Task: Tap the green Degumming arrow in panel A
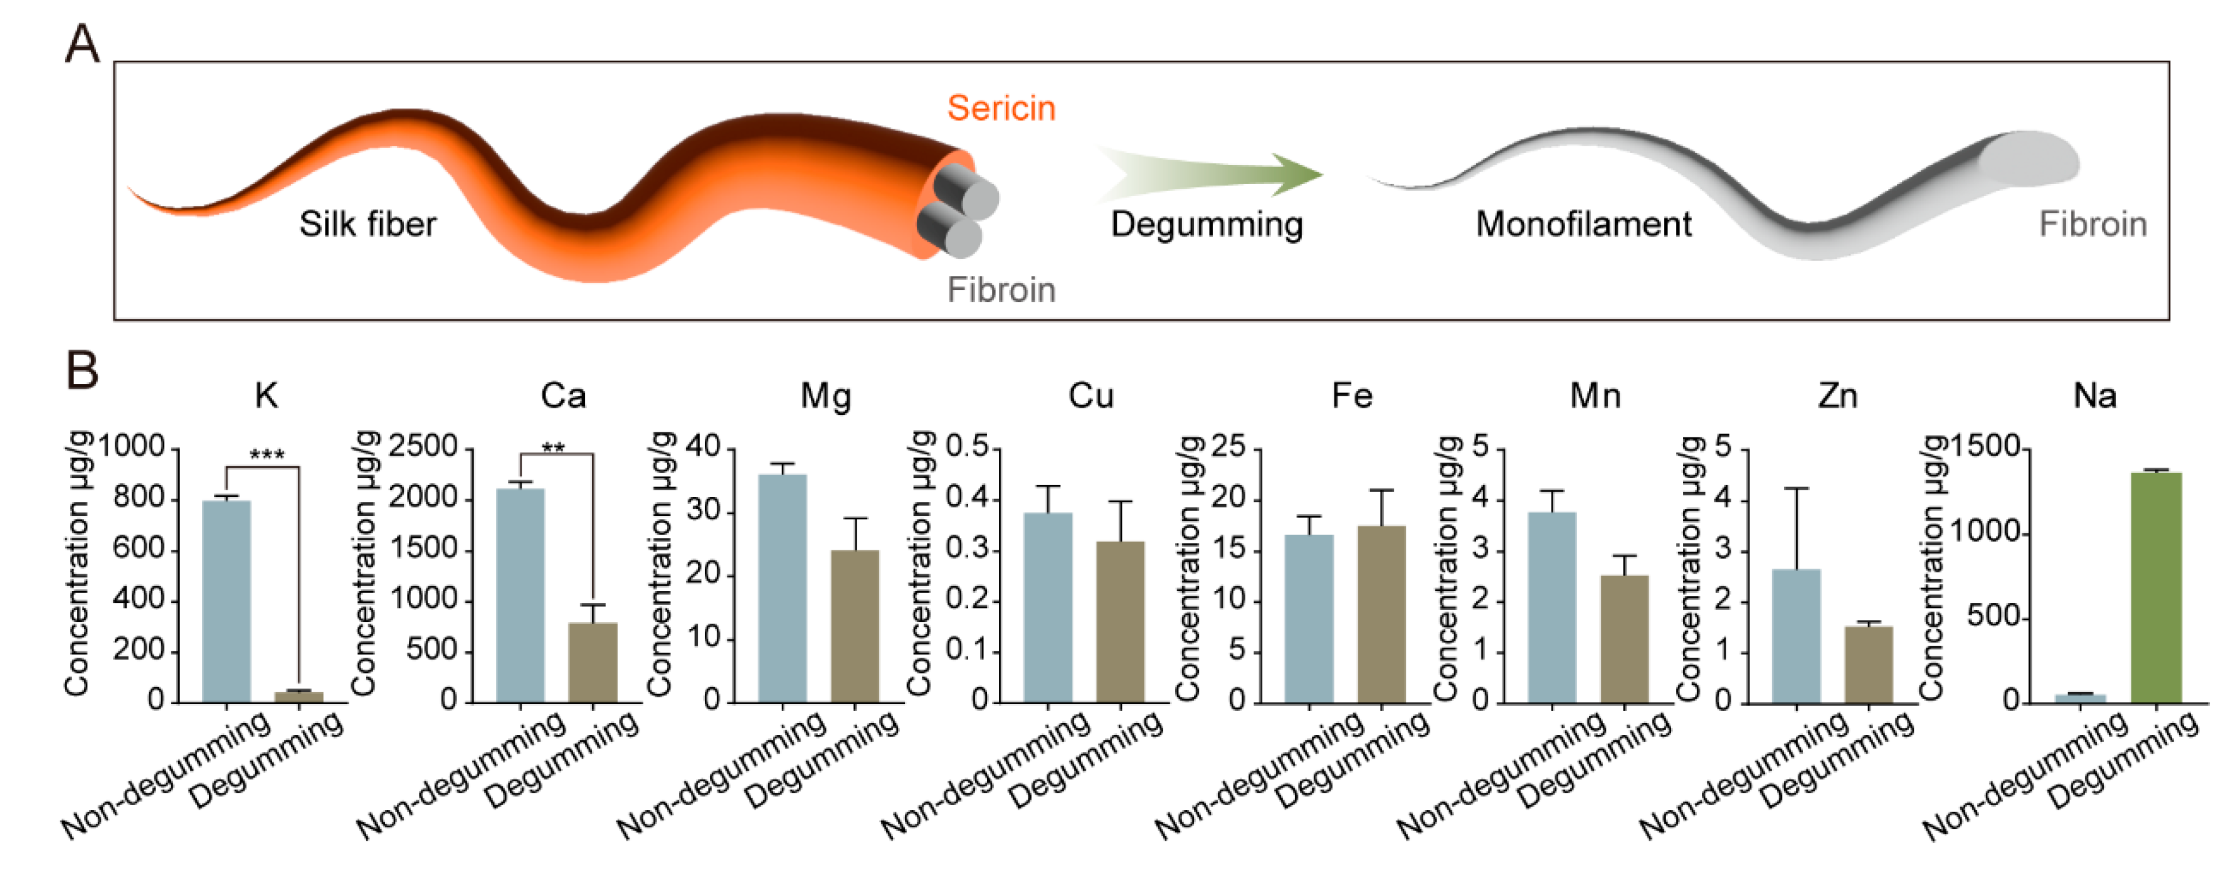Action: tap(1213, 173)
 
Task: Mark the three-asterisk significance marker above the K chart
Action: tap(267, 455)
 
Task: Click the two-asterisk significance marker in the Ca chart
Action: tap(553, 448)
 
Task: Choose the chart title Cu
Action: tap(1090, 396)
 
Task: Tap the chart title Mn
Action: tap(1595, 396)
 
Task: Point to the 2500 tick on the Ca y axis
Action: tap(423, 447)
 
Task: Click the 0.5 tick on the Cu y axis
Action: tap(966, 447)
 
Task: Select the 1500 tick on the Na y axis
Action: tap(1985, 447)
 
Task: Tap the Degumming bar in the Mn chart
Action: tap(1625, 638)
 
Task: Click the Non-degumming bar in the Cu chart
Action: tap(1047, 607)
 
